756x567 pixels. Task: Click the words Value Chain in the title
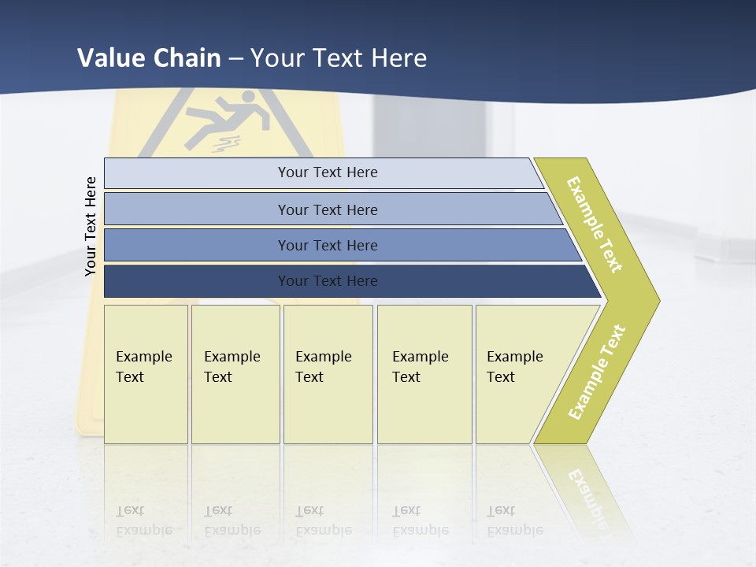click(x=149, y=57)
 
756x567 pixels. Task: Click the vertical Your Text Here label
click(x=91, y=226)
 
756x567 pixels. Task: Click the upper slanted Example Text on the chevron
click(x=595, y=224)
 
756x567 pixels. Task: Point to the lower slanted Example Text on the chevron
click(x=597, y=372)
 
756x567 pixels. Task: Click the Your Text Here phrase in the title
click(x=339, y=57)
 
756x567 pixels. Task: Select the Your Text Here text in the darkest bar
click(x=328, y=281)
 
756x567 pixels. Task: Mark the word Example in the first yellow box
click(x=144, y=357)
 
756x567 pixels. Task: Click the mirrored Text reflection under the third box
click(x=309, y=510)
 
